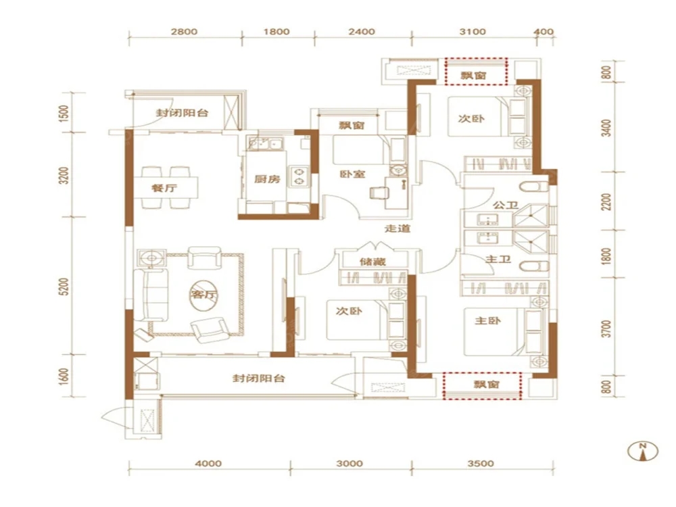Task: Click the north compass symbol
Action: (x=643, y=451)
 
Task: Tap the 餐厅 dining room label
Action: (x=164, y=189)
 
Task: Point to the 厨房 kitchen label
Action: (x=267, y=178)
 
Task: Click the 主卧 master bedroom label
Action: (x=487, y=320)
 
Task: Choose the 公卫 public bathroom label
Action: (x=506, y=205)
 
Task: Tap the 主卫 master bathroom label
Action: (x=498, y=259)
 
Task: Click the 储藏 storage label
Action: (x=373, y=261)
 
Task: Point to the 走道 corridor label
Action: (x=397, y=228)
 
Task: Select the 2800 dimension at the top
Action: (x=184, y=32)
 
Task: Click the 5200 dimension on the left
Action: (x=64, y=287)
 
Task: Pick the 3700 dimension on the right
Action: (x=606, y=329)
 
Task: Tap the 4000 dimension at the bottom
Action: (x=208, y=464)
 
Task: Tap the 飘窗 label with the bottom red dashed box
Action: (x=486, y=384)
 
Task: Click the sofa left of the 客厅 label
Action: (x=151, y=295)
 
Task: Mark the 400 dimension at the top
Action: (x=544, y=32)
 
